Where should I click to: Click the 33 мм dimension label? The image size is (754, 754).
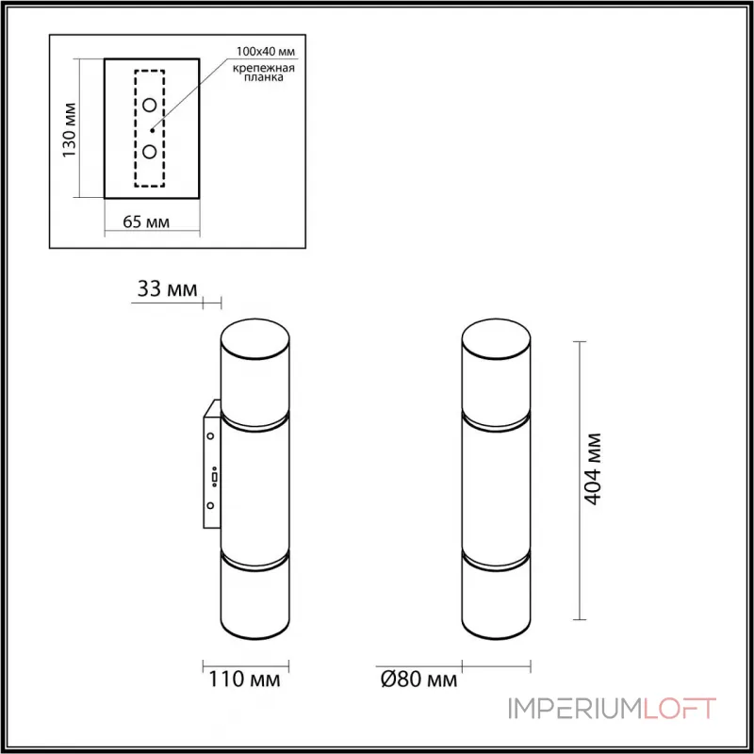pos(168,289)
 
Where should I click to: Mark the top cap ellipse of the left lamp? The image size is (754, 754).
pos(255,338)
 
